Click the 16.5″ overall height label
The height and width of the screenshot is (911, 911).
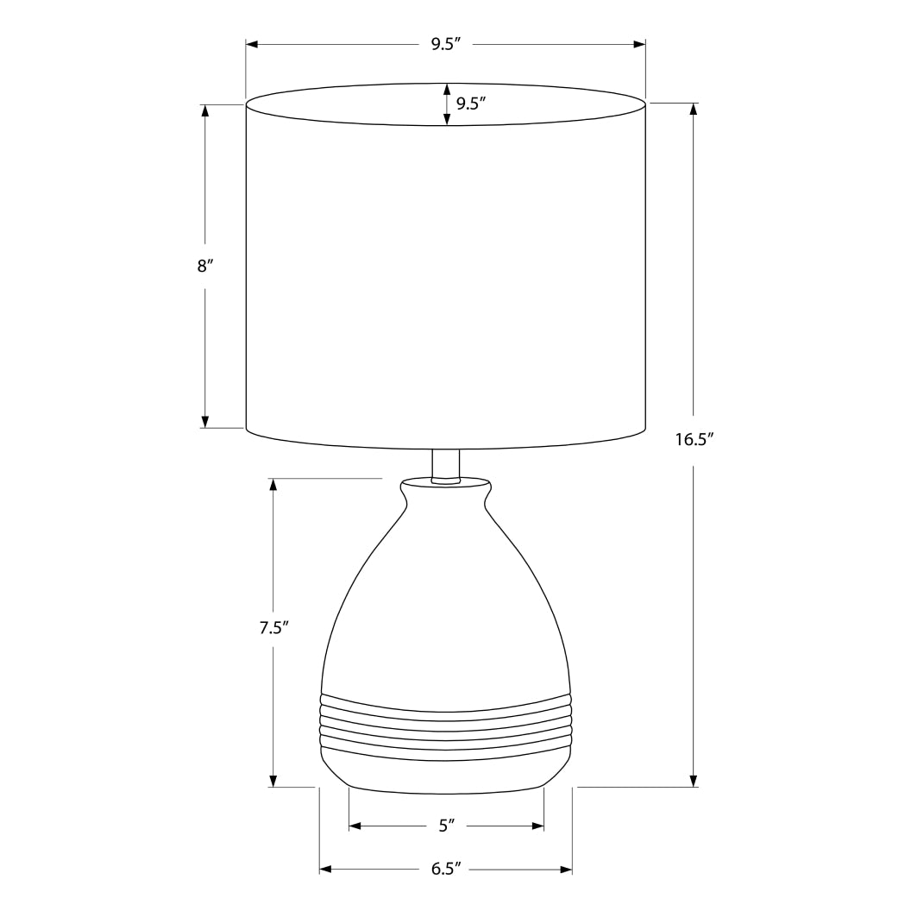[694, 439]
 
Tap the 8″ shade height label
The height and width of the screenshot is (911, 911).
[204, 267]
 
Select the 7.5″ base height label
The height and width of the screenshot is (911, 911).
[273, 628]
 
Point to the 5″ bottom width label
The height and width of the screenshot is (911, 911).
[446, 826]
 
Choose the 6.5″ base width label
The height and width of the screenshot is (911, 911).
[446, 869]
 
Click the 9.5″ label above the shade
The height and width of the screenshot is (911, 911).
[446, 44]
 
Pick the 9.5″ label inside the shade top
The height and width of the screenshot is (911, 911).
[471, 104]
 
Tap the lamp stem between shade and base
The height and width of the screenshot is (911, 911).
[445, 464]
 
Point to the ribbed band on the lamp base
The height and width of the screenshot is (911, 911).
[446, 725]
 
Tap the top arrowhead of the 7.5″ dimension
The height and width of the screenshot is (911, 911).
[273, 485]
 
